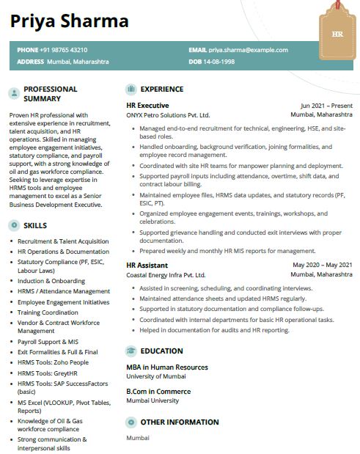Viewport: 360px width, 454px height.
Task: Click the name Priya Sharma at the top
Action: click(69, 20)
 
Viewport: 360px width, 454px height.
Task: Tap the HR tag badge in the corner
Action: click(337, 34)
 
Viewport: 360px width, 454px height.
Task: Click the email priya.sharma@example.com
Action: click(248, 50)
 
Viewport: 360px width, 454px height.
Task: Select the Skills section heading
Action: click(36, 224)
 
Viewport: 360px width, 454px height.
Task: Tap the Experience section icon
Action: click(131, 89)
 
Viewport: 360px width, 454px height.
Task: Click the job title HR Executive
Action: click(147, 106)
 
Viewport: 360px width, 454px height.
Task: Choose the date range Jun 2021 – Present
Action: click(326, 106)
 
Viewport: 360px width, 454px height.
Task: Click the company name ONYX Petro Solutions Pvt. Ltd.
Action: click(168, 115)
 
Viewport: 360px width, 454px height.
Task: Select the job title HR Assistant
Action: click(147, 265)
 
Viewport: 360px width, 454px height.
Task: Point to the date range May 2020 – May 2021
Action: click(323, 265)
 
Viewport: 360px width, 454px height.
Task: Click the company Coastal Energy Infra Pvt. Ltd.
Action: click(166, 274)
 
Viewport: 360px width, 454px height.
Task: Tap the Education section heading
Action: click(161, 351)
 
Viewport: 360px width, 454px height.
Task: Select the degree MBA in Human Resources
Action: click(166, 367)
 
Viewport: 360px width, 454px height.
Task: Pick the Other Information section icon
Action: click(131, 422)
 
